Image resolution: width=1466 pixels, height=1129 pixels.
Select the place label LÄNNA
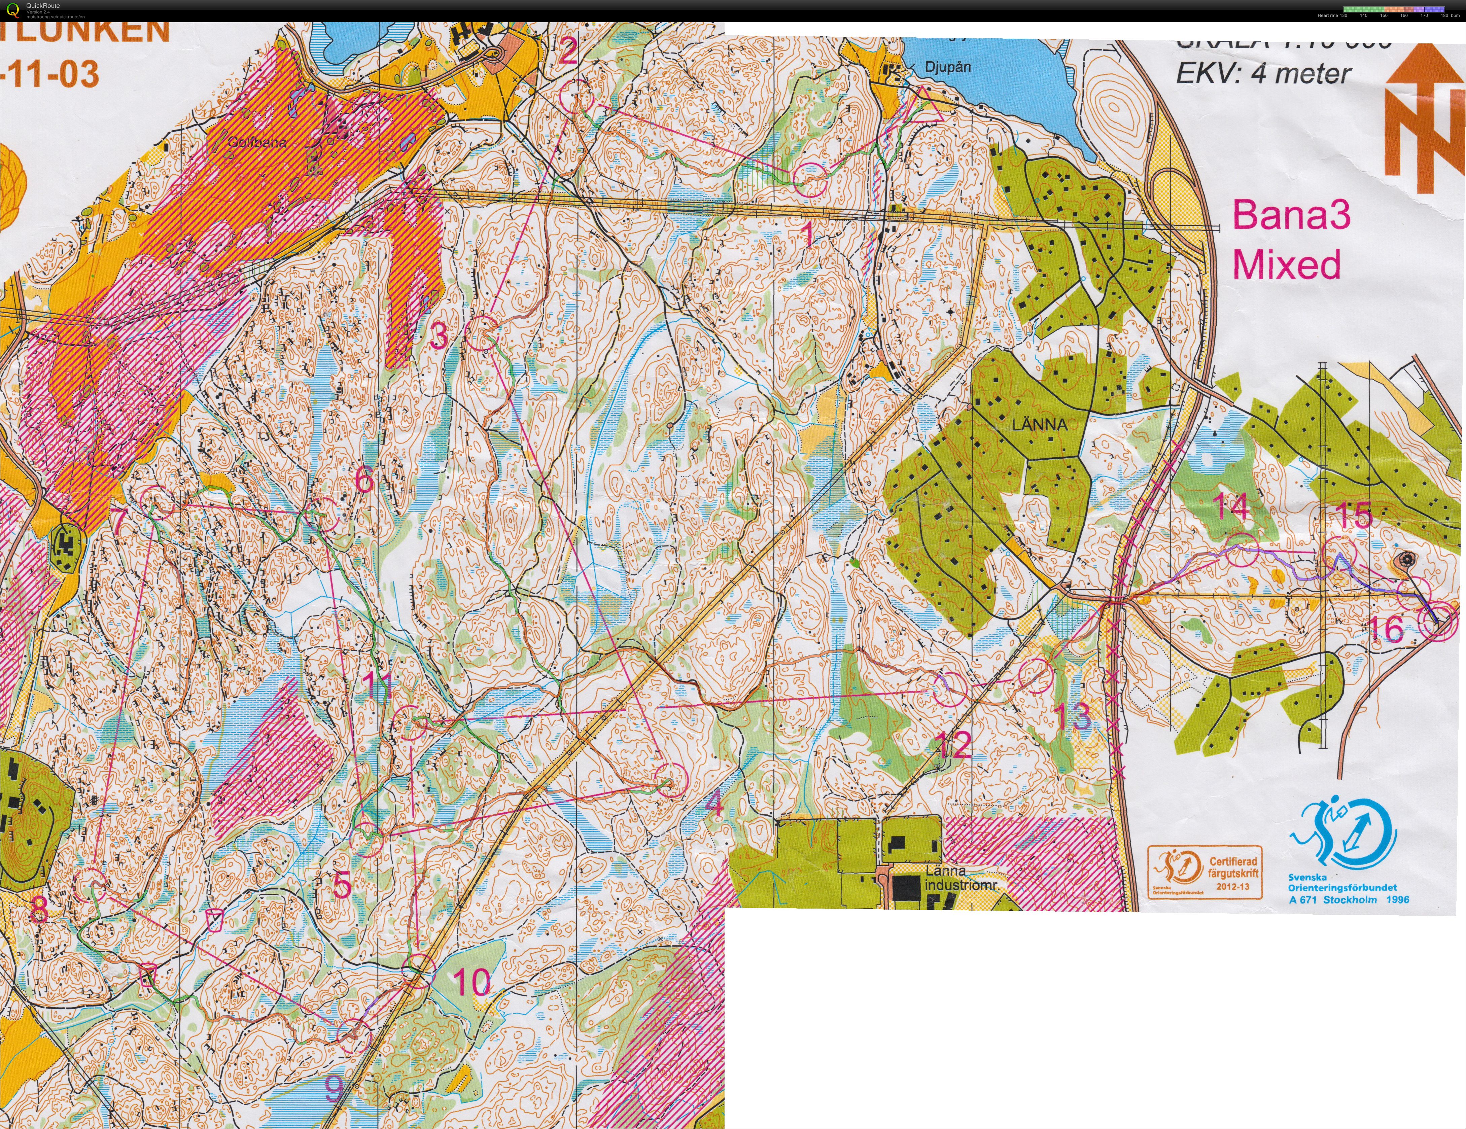(x=1039, y=424)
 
